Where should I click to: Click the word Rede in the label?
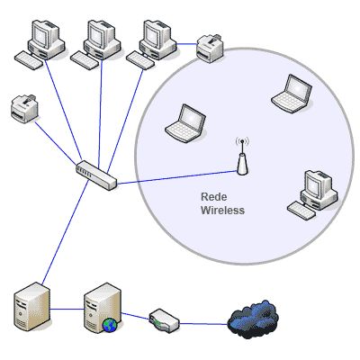214,197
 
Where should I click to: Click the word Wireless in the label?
222,210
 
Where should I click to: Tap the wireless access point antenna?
242,156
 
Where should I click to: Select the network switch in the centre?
96,175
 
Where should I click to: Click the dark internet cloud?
252,319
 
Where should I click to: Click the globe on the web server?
110,325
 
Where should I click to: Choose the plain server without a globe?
32,307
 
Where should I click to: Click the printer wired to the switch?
24,108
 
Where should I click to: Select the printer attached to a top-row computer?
210,46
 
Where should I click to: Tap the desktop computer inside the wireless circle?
312,194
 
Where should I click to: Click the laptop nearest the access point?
185,123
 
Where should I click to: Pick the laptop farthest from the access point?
292,94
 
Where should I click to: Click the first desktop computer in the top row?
40,44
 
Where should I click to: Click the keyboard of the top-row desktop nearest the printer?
139,60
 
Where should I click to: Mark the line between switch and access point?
177,177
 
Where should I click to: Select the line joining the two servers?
67,309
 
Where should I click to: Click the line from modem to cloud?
203,324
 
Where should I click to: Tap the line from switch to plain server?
65,232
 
